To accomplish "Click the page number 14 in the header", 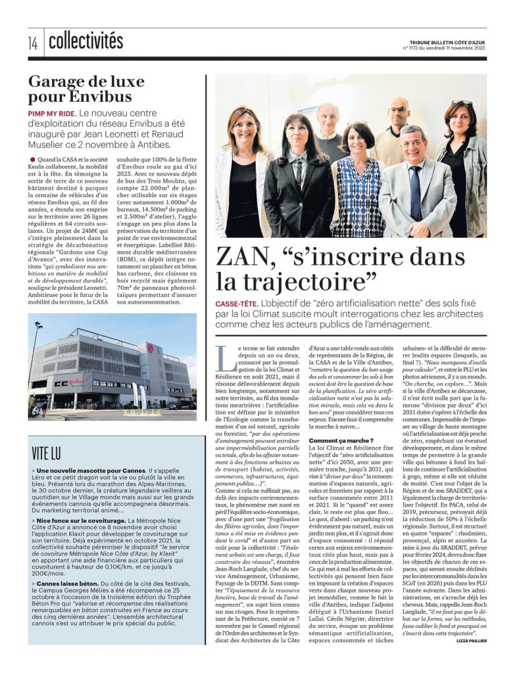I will point(33,43).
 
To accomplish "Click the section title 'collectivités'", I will point(86,42).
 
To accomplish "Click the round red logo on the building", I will point(150,348).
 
